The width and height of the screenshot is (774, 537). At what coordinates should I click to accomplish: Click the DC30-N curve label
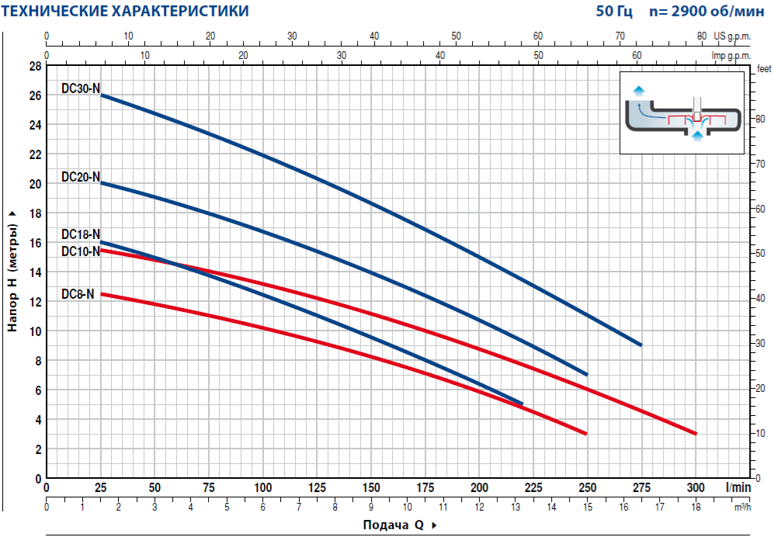[x=81, y=88]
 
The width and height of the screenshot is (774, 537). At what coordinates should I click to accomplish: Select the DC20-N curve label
[x=81, y=177]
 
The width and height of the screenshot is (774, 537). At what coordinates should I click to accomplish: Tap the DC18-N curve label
[x=81, y=234]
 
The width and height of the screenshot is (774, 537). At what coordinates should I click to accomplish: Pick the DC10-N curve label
[x=81, y=251]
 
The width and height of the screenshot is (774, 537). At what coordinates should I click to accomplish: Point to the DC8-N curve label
[x=78, y=294]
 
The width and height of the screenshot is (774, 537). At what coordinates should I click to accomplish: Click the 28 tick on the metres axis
[x=35, y=66]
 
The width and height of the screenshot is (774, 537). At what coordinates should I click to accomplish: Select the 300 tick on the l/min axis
[x=696, y=487]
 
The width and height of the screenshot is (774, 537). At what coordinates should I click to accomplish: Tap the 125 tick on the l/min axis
[x=317, y=487]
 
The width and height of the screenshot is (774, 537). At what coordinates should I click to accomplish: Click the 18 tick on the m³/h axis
[x=696, y=508]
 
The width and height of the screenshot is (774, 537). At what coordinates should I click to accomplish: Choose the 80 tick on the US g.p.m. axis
[x=702, y=36]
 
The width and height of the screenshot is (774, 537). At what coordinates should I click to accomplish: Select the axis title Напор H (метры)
[x=12, y=271]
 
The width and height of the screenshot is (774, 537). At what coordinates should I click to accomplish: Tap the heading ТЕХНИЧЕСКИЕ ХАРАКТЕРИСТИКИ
[x=126, y=12]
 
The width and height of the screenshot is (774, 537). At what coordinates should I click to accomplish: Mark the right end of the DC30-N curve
[x=640, y=345]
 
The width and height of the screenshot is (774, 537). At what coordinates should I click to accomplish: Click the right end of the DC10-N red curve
[x=696, y=434]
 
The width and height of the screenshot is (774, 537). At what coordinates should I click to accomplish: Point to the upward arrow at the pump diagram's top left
[x=638, y=90]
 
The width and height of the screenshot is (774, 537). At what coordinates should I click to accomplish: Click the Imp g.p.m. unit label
[x=731, y=56]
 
